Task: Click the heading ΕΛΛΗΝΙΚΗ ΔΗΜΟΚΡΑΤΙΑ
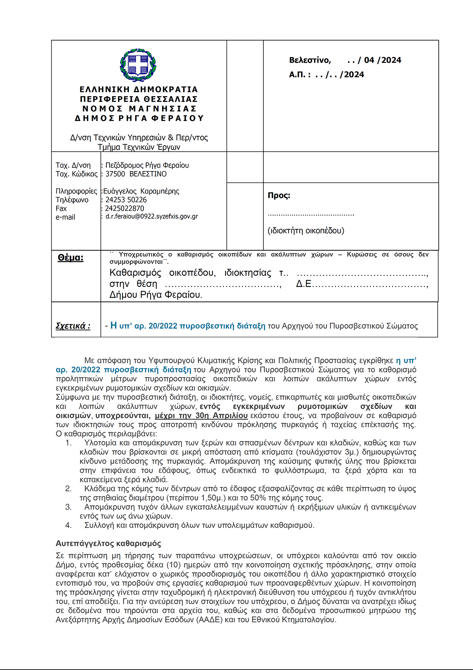coord(139,89)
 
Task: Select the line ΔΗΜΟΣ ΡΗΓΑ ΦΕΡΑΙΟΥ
coord(139,118)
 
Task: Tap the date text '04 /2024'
coord(382,60)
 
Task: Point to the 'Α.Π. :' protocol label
coord(300,75)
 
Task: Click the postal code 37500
coord(115,174)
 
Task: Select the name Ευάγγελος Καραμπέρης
coord(141,191)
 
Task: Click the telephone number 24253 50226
coord(126,200)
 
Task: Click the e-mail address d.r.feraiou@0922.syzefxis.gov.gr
coord(152,217)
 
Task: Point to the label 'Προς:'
coord(279,195)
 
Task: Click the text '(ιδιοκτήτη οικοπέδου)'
coord(306,231)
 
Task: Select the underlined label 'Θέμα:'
coord(71,258)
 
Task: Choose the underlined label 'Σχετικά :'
coord(73,326)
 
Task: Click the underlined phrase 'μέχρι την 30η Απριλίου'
coord(201,416)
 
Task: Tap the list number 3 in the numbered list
coord(69,507)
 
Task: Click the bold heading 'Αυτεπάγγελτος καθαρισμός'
coord(108,543)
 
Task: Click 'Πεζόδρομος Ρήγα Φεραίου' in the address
coord(147,166)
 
